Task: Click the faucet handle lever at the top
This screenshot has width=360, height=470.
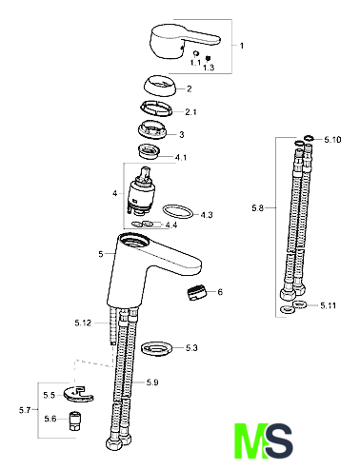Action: (181, 41)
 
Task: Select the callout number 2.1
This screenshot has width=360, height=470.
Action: (190, 112)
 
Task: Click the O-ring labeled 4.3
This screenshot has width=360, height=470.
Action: (178, 211)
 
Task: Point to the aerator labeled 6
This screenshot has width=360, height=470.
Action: (196, 292)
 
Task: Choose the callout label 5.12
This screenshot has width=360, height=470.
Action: (83, 323)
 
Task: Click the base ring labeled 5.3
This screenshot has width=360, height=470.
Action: (157, 349)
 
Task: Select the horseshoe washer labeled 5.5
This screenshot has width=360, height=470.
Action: (78, 395)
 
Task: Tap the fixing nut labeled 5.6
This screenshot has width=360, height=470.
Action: (75, 421)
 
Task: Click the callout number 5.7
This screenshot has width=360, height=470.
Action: (25, 410)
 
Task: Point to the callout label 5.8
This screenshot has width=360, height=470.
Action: (258, 208)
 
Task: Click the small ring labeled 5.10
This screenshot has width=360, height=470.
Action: (309, 138)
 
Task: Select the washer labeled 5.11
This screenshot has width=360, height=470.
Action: (299, 304)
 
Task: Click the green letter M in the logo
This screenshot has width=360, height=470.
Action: (250, 441)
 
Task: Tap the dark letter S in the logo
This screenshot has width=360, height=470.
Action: (278, 441)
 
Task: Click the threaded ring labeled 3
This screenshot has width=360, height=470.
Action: (152, 129)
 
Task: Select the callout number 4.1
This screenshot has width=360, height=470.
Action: (181, 157)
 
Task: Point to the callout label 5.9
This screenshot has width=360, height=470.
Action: (152, 382)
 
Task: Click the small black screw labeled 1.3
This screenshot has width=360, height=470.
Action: (209, 58)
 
